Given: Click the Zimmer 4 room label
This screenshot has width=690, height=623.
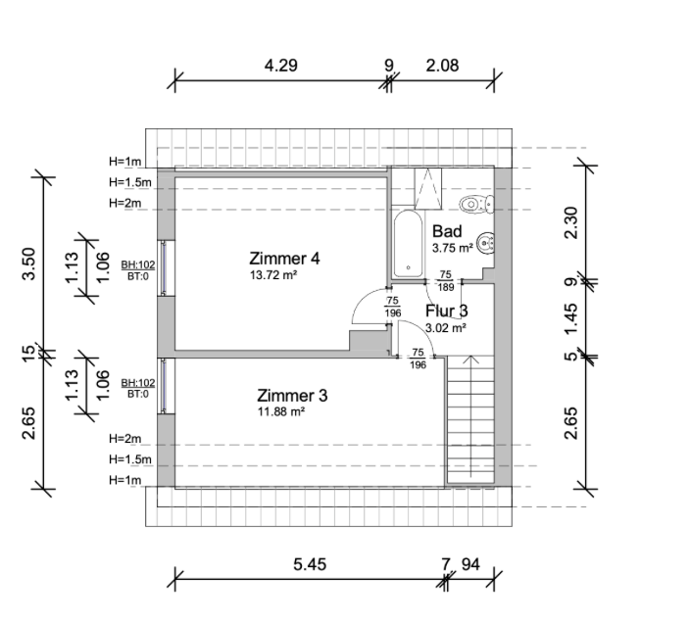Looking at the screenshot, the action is tap(284, 258).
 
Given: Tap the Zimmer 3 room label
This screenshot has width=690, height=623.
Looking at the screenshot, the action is tap(292, 396).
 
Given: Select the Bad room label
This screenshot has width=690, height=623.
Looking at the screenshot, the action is tap(447, 231).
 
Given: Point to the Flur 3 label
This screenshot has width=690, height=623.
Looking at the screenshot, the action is tap(446, 311).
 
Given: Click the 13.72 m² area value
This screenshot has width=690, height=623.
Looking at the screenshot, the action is tap(273, 275).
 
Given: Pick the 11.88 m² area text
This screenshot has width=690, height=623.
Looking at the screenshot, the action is tap(281, 412).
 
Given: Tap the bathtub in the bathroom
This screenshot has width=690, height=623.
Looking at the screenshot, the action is tap(408, 244).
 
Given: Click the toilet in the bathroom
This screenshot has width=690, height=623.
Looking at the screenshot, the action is tap(477, 204).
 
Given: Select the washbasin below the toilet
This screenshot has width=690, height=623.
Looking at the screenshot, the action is tap(486, 242).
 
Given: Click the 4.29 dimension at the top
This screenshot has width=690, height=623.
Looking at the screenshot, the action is tap(280, 66).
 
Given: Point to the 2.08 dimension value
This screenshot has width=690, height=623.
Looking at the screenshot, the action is tap(442, 66).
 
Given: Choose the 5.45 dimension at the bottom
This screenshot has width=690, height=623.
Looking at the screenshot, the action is tap(310, 564).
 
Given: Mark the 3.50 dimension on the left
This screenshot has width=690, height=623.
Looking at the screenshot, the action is tap(28, 264).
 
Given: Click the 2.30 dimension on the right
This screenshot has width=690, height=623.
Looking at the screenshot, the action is tap(570, 222).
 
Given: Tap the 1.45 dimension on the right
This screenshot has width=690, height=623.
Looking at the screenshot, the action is tap(570, 318).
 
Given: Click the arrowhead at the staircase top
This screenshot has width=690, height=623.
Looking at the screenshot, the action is tap(471, 359).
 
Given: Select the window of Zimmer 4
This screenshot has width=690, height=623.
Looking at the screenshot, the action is tap(164, 267).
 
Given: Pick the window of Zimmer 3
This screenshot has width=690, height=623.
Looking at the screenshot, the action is tap(164, 386).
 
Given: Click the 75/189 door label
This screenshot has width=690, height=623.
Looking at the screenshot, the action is tap(445, 281).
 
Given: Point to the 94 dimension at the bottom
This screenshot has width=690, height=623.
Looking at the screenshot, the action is tap(470, 564).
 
